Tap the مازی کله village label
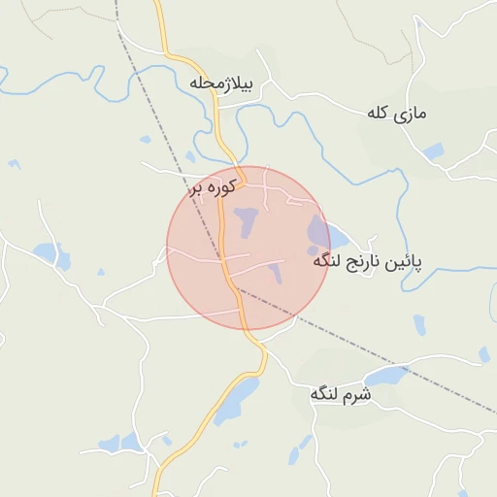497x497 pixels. pos(397,114)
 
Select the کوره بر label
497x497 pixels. pos(214,188)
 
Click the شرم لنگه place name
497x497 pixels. pos(341,394)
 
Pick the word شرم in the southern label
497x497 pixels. pos(357,394)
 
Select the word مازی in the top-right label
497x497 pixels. pos(412,114)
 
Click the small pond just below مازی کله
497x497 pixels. pos(433,151)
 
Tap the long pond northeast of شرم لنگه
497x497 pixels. pos(385,376)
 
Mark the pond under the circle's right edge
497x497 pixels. pos(320,233)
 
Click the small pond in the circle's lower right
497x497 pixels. pos(275,273)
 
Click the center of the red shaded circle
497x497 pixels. pos(248,248)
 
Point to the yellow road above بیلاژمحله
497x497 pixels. pos(163,29)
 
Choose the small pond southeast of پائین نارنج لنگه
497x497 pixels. pos(418,324)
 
